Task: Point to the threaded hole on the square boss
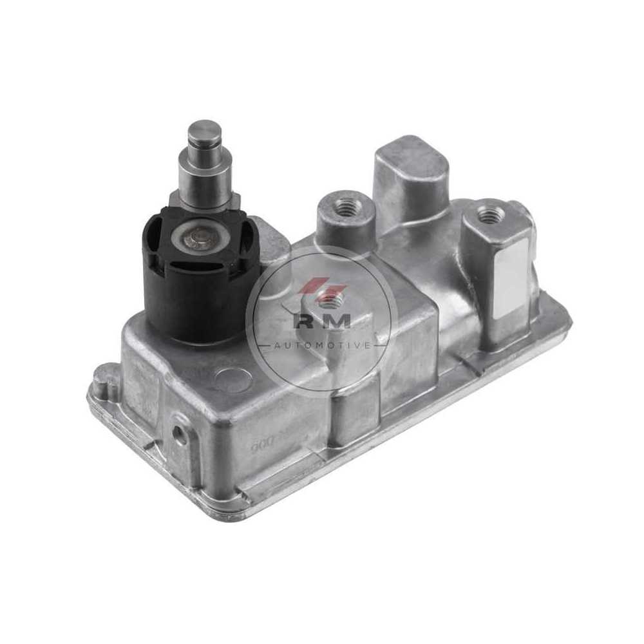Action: coord(491,213)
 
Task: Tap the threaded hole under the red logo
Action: coord(330,298)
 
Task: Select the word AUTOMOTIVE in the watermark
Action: coord(322,345)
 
